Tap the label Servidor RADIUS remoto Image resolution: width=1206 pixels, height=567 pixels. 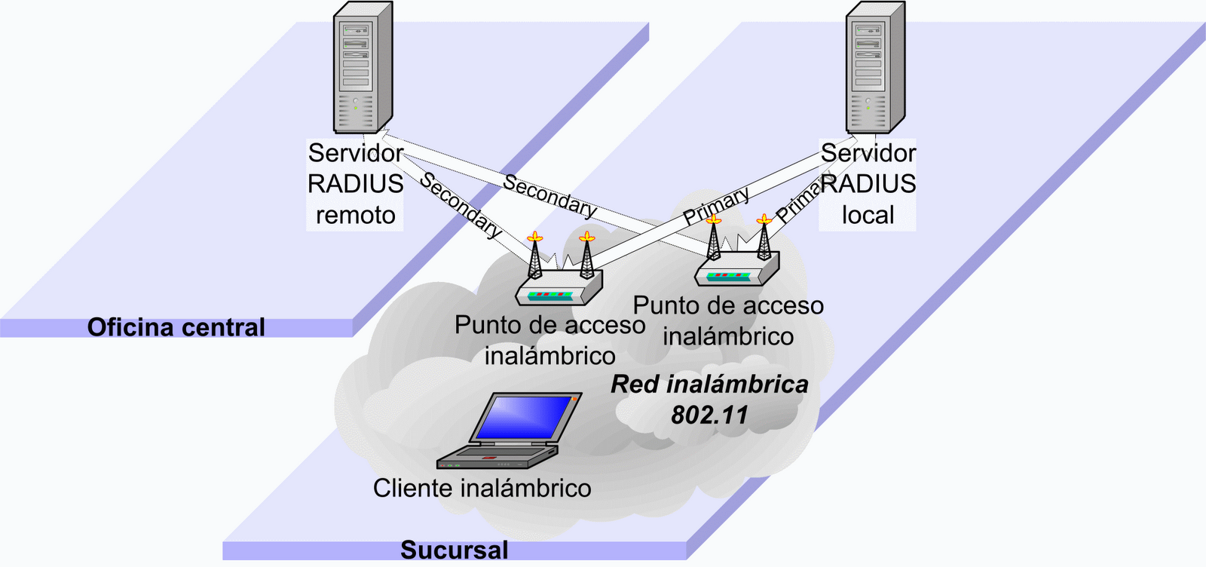point(355,184)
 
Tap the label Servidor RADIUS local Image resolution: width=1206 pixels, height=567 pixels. point(868,184)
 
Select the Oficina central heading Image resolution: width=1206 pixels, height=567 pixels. point(176,327)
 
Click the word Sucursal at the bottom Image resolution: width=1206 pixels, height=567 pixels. point(454,550)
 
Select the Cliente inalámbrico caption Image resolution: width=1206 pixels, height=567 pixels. point(482,488)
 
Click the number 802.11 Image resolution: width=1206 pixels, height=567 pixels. point(709,415)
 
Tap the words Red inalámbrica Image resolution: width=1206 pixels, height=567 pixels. point(709,384)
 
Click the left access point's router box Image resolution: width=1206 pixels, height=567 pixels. point(559,289)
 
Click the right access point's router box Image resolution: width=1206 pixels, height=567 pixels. point(736,269)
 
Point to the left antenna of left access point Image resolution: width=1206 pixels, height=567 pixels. point(534,256)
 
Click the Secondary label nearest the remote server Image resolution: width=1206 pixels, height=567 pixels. point(461,205)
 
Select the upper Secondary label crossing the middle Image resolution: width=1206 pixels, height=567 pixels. point(549,195)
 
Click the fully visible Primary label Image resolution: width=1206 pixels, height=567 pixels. point(716,205)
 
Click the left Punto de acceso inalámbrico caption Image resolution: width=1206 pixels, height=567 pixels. point(549,340)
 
